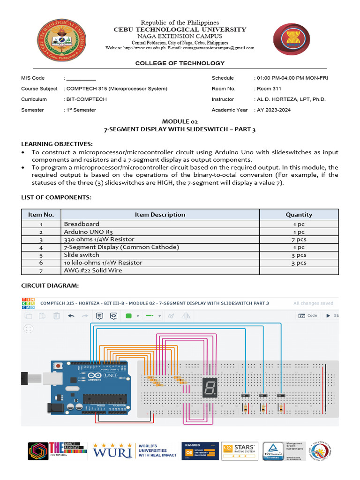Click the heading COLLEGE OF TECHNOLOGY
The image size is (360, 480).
pos(180,63)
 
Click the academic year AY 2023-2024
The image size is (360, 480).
pos(273,110)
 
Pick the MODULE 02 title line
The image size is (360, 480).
pos(180,121)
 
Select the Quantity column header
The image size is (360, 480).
pos(299,215)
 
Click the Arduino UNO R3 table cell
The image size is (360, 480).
pos(89,232)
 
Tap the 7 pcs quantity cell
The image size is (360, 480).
pos(299,240)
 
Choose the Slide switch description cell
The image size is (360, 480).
pos(82,255)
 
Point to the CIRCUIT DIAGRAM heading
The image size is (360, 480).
pos(50,286)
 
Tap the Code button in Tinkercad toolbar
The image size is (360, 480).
pos(308,316)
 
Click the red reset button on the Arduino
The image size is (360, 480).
pos(58,365)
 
